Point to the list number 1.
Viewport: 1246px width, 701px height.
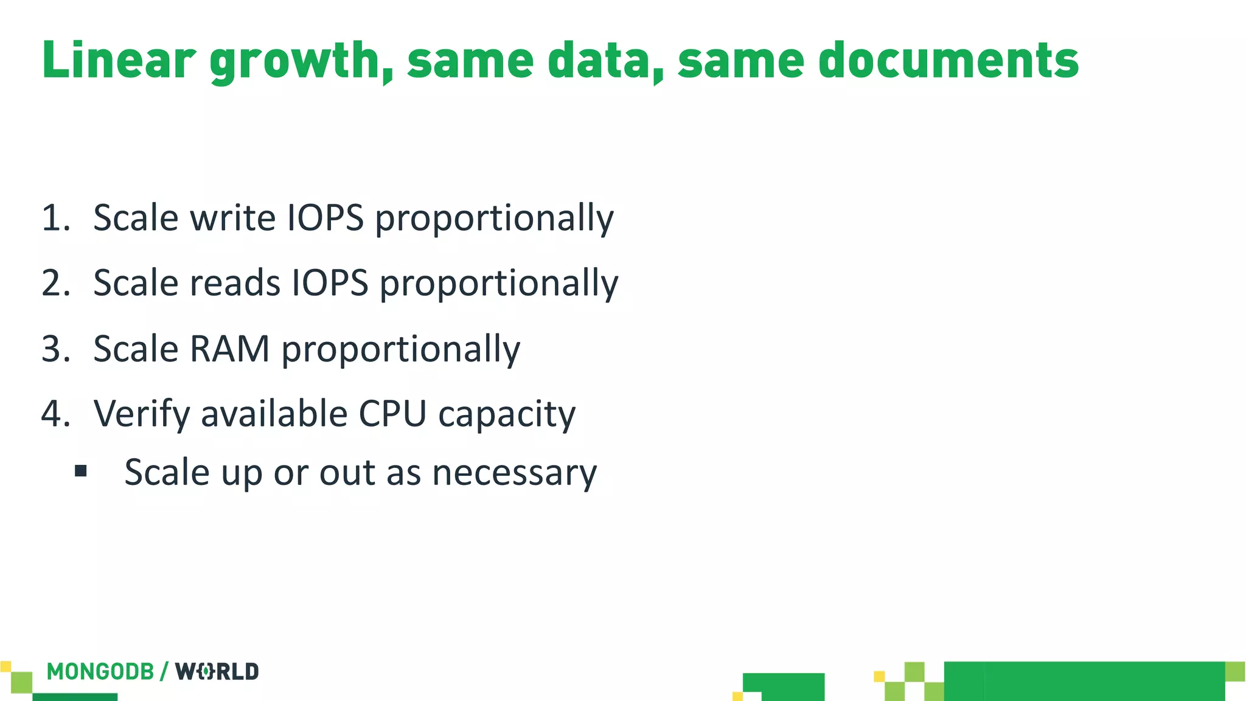(x=54, y=218)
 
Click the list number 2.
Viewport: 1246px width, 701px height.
(x=54, y=283)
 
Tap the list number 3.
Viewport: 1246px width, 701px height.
(x=54, y=349)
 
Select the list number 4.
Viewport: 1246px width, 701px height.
(x=54, y=414)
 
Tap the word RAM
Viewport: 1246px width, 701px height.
(x=229, y=349)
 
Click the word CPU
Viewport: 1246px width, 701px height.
(x=392, y=414)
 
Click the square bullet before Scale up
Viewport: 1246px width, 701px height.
(x=81, y=471)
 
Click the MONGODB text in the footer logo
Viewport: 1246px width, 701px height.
(x=100, y=672)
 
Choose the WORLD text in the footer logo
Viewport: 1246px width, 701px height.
(x=217, y=672)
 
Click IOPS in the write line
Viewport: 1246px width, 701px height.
(x=325, y=218)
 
